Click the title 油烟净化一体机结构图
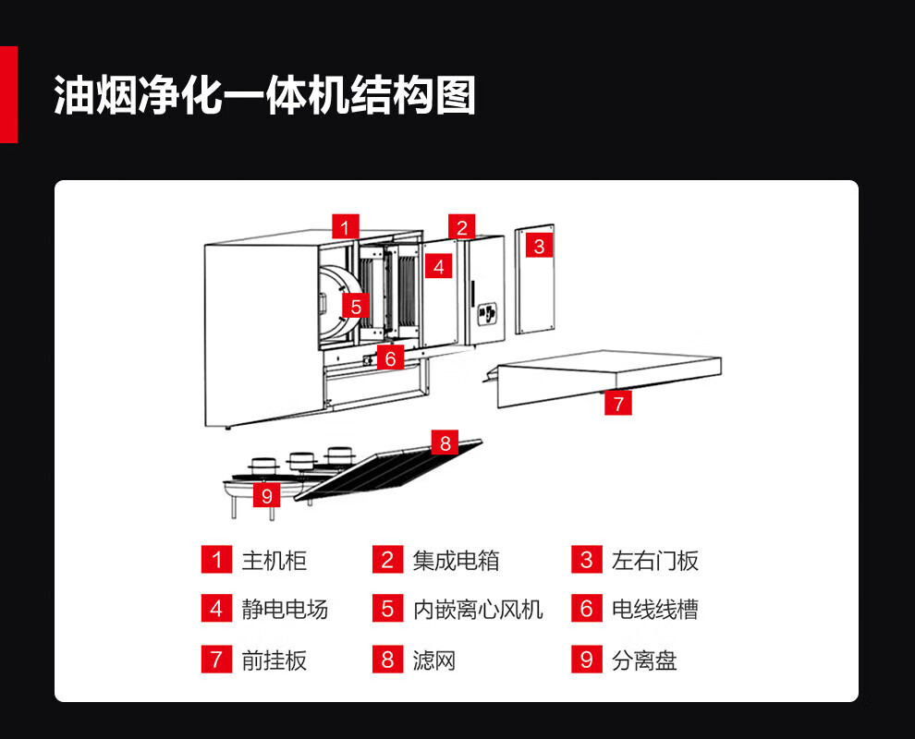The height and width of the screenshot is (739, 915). [x=265, y=94]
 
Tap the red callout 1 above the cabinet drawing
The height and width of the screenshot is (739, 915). [x=346, y=226]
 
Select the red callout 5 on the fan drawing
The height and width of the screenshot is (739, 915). [x=356, y=305]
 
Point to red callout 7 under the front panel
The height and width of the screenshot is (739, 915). [x=618, y=403]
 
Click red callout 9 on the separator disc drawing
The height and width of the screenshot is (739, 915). [x=267, y=495]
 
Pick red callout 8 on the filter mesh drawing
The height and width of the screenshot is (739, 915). [x=445, y=442]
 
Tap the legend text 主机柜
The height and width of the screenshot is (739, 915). [x=274, y=561]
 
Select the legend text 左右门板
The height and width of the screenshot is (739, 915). [x=655, y=561]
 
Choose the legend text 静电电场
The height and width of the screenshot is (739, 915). [x=285, y=610]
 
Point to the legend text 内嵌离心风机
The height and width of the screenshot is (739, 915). [x=478, y=610]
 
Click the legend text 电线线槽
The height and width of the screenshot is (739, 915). [x=655, y=610]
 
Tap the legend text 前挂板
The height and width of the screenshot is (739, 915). [x=274, y=660]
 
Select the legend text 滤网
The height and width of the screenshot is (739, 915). [x=434, y=660]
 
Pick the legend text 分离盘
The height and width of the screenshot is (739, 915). [x=644, y=660]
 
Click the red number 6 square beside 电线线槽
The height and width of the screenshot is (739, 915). [x=586, y=609]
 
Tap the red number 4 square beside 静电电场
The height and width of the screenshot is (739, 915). [x=216, y=609]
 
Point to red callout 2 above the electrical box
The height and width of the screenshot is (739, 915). [x=462, y=226]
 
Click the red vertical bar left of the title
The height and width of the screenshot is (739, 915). [x=8, y=94]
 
